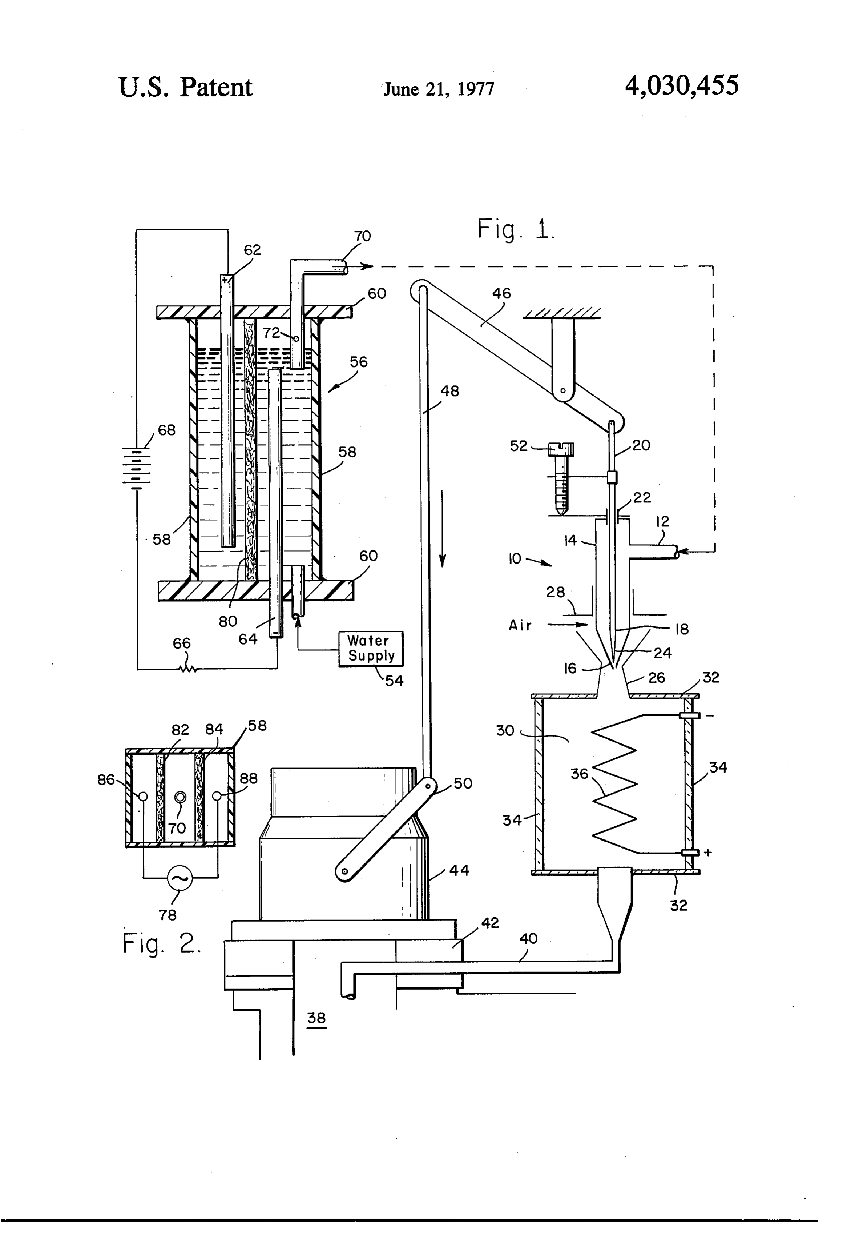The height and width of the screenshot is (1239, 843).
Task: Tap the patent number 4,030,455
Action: point(682,85)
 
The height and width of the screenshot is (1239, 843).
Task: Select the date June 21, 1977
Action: point(439,88)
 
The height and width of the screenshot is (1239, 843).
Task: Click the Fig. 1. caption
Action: point(516,229)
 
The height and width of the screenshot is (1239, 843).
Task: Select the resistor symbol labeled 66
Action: point(187,668)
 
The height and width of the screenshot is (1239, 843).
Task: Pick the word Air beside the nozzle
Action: point(520,625)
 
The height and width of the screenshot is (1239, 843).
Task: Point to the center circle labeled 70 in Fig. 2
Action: point(181,797)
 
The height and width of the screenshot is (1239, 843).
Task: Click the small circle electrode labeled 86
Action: point(143,797)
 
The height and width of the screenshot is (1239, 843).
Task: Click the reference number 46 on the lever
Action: point(501,293)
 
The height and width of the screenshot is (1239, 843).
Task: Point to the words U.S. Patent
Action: point(185,87)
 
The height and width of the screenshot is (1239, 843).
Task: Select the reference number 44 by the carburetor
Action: point(459,871)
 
